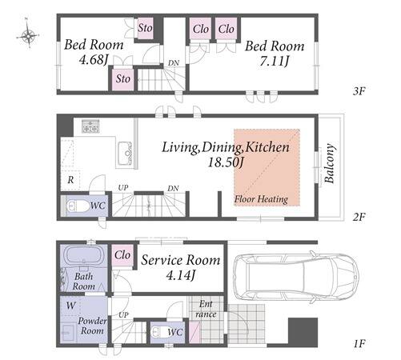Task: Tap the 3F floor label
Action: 359,91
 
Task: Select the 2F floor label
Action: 359,217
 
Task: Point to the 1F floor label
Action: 359,343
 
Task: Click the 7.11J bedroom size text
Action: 275,61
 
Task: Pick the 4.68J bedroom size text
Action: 94,60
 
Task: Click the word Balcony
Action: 330,163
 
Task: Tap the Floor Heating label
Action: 261,199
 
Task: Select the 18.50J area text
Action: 226,162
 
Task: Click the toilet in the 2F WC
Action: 78,206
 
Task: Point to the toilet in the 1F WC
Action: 159,332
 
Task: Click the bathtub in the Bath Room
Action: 84,255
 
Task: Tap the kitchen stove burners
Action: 90,126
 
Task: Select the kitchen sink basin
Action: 125,154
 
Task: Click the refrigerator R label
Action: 70,180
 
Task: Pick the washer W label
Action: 70,305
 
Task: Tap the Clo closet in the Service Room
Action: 122,255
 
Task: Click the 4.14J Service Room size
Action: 181,274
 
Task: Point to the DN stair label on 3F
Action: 174,63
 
